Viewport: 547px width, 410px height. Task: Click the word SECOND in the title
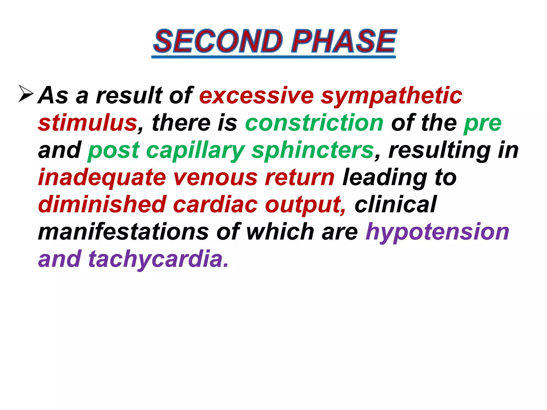coord(218,41)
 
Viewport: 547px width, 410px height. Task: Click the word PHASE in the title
coord(343,41)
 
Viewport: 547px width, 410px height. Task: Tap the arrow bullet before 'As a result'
coord(26,93)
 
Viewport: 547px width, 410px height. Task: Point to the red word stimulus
coord(88,123)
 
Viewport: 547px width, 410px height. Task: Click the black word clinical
coord(395,204)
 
